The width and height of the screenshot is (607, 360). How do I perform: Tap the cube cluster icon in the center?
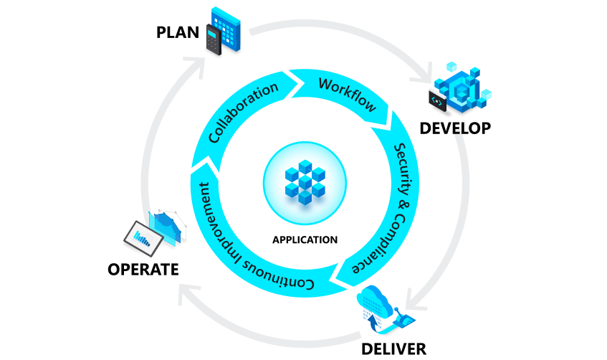pos(305,180)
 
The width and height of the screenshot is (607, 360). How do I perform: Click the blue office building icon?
pos(228,29)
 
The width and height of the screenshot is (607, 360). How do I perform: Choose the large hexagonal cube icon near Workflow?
pos(462,86)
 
